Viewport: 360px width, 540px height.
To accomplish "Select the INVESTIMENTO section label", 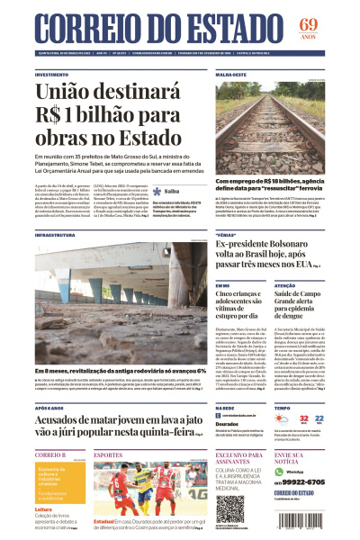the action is click(x=52, y=75).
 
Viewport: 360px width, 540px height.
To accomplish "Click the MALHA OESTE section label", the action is click(x=231, y=75).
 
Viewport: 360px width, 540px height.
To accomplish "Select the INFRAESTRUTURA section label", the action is click(x=56, y=235).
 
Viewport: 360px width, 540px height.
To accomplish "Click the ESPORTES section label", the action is click(x=108, y=455).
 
